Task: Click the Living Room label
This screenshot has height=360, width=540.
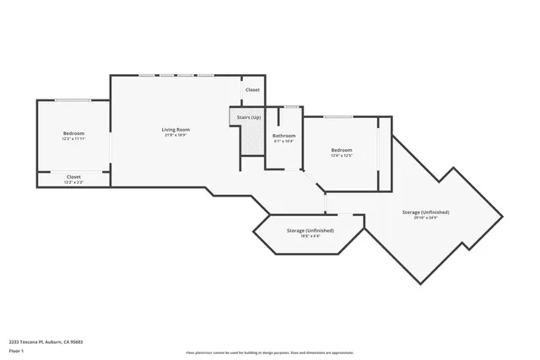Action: (175, 129)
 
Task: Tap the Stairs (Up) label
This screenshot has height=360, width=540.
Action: (248, 117)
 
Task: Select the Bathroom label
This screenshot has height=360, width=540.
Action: (283, 135)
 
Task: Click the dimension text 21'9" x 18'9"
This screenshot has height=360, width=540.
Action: (175, 135)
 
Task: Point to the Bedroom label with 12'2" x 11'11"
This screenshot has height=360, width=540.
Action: (73, 133)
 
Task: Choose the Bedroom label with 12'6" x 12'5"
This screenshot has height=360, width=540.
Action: (340, 149)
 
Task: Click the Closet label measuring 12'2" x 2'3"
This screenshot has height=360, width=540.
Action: (73, 176)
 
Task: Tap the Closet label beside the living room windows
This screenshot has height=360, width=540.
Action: (252, 89)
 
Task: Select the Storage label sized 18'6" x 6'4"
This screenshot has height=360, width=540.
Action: (310, 230)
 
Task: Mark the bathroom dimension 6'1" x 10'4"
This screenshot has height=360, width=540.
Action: (283, 141)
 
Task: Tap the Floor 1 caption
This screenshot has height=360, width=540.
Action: (16, 350)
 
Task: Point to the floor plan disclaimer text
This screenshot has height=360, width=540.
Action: (269, 353)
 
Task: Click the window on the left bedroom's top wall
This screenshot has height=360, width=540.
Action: (73, 100)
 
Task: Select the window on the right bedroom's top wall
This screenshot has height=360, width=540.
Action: (338, 116)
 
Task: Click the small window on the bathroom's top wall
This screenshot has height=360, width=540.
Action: (290, 106)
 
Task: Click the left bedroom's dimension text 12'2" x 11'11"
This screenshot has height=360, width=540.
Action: (73, 139)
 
